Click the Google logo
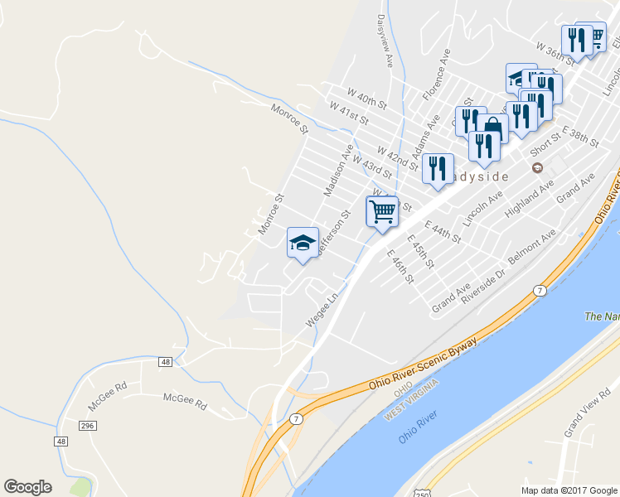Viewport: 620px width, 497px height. (28, 487)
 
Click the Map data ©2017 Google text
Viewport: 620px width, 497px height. (569, 490)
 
